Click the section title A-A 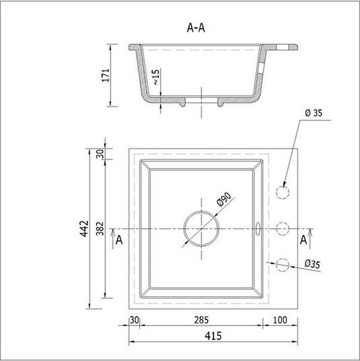coord(196,28)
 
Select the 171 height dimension coord(106,75)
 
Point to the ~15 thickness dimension coord(156,77)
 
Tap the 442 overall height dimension coord(84,229)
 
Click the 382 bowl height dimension coord(100,229)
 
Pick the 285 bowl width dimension coord(202,320)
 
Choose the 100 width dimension coord(280,320)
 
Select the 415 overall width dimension coord(213,336)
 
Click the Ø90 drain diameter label coord(224,199)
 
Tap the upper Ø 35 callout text coord(314,113)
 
